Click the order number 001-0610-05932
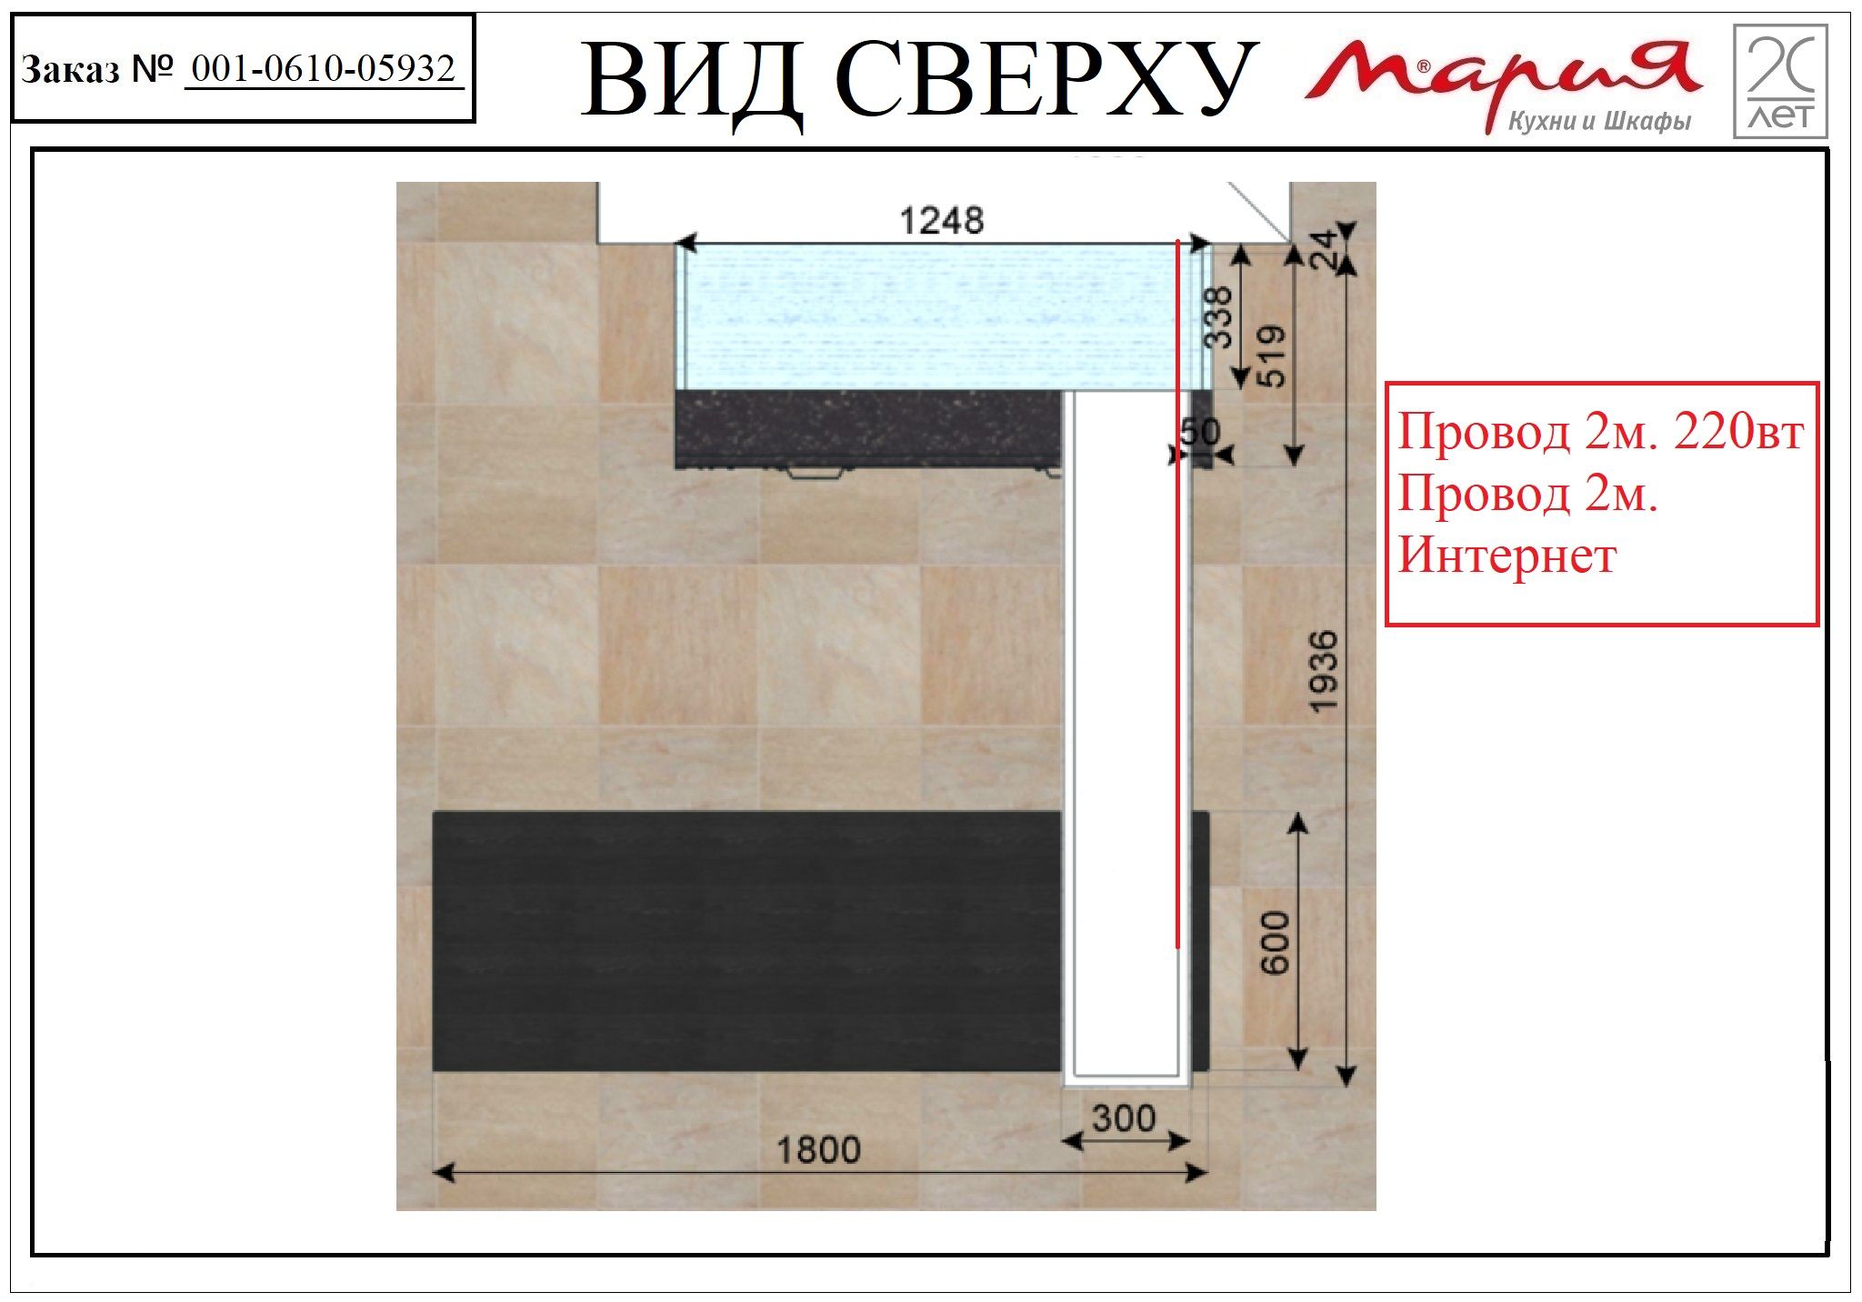click(324, 68)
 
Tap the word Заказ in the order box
click(70, 69)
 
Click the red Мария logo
click(1502, 77)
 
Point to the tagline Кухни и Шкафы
click(1599, 121)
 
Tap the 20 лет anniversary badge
click(1780, 81)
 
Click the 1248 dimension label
click(941, 221)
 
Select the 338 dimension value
click(1218, 317)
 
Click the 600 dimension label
click(1276, 943)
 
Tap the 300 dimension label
click(1124, 1118)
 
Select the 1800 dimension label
click(818, 1150)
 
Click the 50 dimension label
click(1200, 431)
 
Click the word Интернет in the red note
click(1507, 555)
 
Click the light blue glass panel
click(946, 317)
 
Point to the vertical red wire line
click(1178, 596)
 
